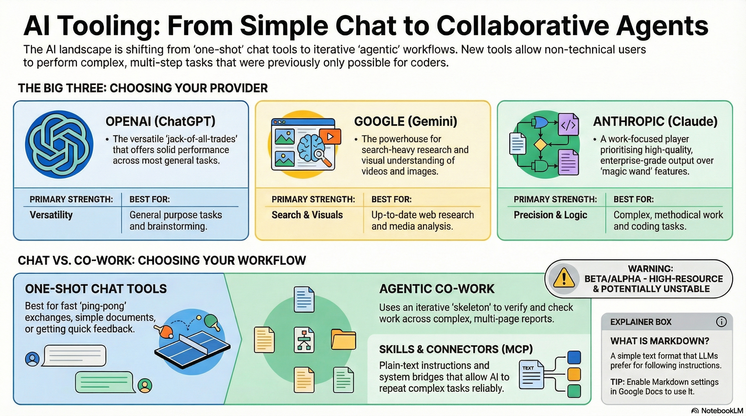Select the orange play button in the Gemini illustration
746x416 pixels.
click(330, 136)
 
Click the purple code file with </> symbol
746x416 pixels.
click(568, 125)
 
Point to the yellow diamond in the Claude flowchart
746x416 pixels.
click(540, 144)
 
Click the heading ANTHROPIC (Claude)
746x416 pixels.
click(655, 121)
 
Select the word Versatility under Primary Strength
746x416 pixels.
click(51, 215)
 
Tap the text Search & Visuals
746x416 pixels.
click(307, 215)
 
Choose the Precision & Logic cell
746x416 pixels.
click(550, 215)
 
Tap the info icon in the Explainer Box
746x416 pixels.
click(721, 322)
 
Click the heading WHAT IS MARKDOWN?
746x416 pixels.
click(660, 341)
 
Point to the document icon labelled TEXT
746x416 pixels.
click(531, 374)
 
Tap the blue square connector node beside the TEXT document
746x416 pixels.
click(574, 357)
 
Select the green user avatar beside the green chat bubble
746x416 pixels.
click(145, 385)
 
